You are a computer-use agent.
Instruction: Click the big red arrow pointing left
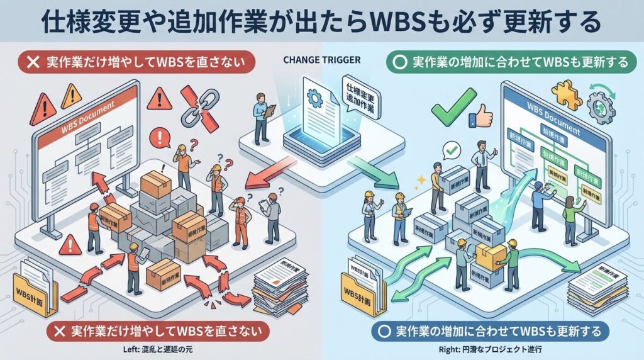pyautogui.click(x=268, y=173)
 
